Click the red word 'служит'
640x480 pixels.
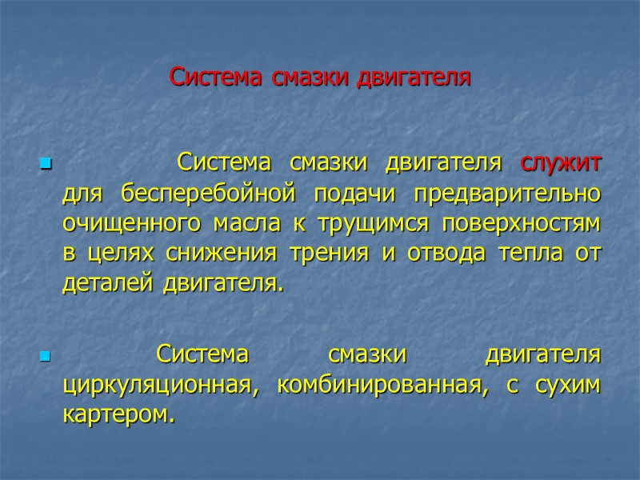[x=561, y=163]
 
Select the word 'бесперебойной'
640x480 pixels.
[x=195, y=194]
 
